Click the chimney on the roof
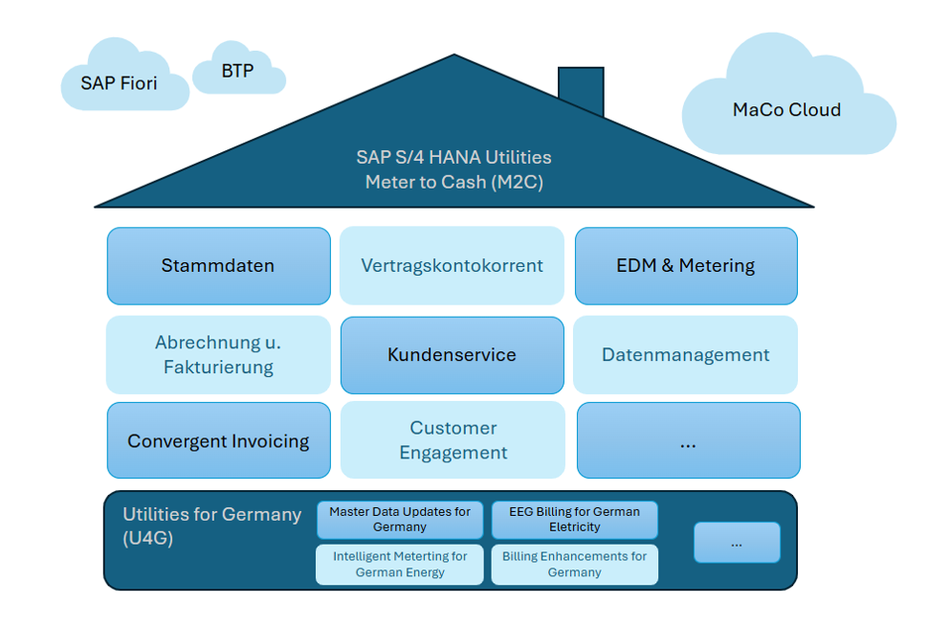[x=581, y=90]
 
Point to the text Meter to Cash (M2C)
[x=453, y=182]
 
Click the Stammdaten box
[x=219, y=266]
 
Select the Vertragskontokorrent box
[x=452, y=265]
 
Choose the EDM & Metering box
[x=686, y=266]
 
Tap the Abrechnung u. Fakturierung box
[x=219, y=354]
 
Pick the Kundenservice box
[x=452, y=355]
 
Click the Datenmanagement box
[x=685, y=354]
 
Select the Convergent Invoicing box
[x=219, y=440]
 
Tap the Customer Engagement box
[x=453, y=440]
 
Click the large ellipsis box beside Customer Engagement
[x=688, y=440]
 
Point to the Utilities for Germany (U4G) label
[x=211, y=526]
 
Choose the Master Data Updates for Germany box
[x=400, y=520]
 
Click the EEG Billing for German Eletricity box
[x=574, y=520]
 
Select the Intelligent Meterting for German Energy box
[x=400, y=564]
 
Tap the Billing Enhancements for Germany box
[x=574, y=564]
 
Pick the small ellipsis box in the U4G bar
[x=737, y=543]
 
